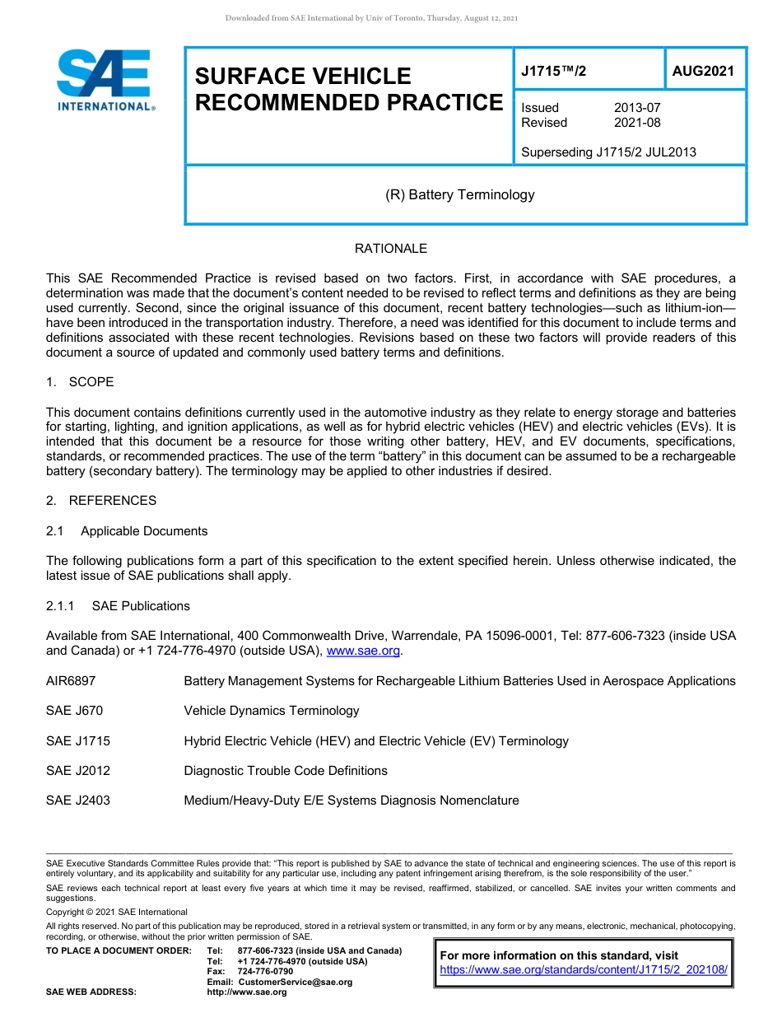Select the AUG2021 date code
point(703,71)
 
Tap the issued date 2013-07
point(637,108)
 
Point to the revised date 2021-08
point(637,123)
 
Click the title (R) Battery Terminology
point(460,195)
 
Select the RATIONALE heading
point(391,249)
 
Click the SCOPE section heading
point(91,382)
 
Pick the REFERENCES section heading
point(112,501)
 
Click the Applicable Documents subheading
point(144,531)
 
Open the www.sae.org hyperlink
point(363,651)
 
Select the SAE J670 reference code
point(75,711)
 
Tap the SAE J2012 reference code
point(78,771)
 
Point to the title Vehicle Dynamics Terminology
point(272,711)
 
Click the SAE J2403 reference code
point(78,801)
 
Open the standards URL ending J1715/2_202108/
point(584,970)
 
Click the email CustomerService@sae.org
point(295,982)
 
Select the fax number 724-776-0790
point(265,972)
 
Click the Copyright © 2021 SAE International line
point(117,912)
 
